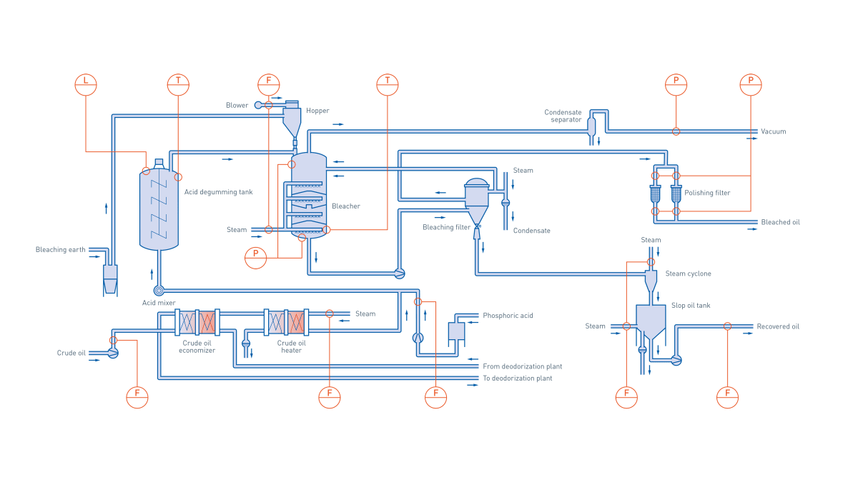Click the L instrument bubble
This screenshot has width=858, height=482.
coord(86,84)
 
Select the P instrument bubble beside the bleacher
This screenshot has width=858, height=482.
coord(255,257)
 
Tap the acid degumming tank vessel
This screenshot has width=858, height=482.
coord(159,209)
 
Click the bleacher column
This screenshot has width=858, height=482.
coord(309,194)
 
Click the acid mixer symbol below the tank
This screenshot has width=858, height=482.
coord(159,291)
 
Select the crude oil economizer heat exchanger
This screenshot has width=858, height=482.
coord(197,323)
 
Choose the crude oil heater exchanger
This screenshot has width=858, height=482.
coord(286,323)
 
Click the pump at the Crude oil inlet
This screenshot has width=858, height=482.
coord(113,353)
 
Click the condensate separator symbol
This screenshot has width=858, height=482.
coord(591,127)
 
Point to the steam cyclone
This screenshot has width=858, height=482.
coord(651,280)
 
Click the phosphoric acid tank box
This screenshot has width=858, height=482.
coord(456,331)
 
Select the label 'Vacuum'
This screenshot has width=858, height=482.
coord(774,132)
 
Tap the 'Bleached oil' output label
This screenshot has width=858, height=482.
coord(780,222)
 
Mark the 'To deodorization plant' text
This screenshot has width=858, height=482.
coord(517,378)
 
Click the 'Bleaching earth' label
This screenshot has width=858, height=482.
coord(60,250)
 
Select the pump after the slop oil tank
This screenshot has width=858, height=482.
coord(676,361)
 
